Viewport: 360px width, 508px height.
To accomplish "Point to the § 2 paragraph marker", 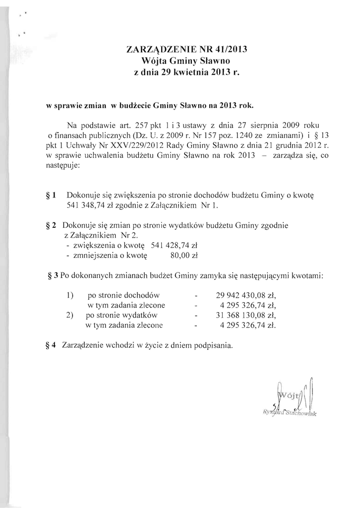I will click(50, 226).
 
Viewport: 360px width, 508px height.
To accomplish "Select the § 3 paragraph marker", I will click(53, 275).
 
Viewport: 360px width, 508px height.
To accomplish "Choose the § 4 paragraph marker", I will click(50, 344).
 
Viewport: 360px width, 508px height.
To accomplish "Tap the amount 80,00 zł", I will click(183, 255).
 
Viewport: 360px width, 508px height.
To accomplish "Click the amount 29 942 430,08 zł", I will click(246, 295).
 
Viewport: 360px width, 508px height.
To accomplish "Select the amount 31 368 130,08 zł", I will click(246, 316).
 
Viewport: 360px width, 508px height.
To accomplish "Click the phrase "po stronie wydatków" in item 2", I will click(121, 316).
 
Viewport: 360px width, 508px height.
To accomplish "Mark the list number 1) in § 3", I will click(70, 295).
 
